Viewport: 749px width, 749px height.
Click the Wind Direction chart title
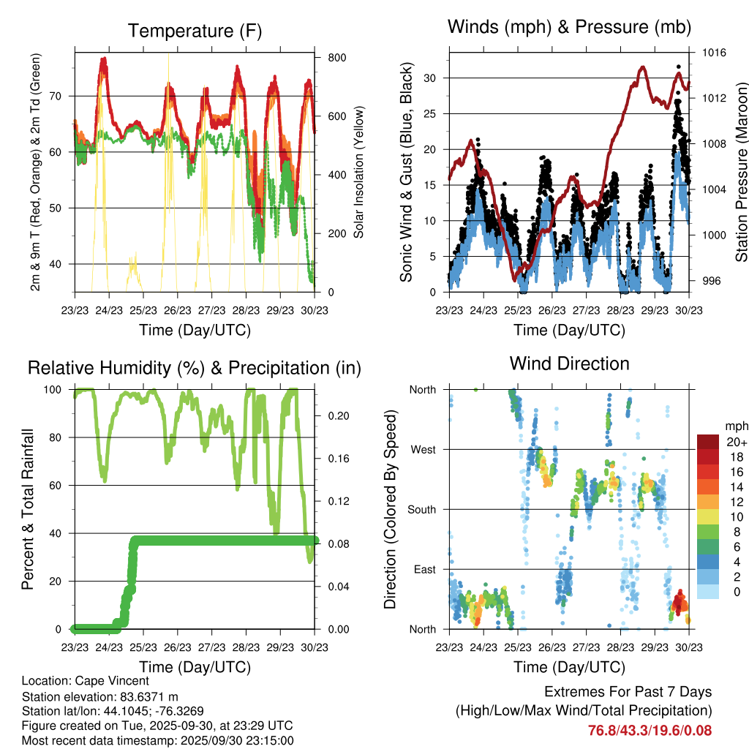pyautogui.click(x=569, y=363)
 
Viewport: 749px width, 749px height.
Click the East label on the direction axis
pyautogui.click(x=424, y=569)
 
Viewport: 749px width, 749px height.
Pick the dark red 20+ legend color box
pyautogui.click(x=708, y=442)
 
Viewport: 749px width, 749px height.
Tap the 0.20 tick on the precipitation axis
pyautogui.click(x=336, y=415)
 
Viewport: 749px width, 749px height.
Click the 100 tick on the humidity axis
pyautogui.click(x=56, y=389)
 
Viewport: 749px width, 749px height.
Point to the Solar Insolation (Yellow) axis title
pyautogui.click(x=359, y=172)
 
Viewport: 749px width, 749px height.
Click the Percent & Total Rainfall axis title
pyautogui.click(x=28, y=509)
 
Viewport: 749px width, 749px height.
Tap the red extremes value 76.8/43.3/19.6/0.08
pyautogui.click(x=650, y=730)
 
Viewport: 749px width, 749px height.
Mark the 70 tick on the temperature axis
pyautogui.click(x=60, y=96)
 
